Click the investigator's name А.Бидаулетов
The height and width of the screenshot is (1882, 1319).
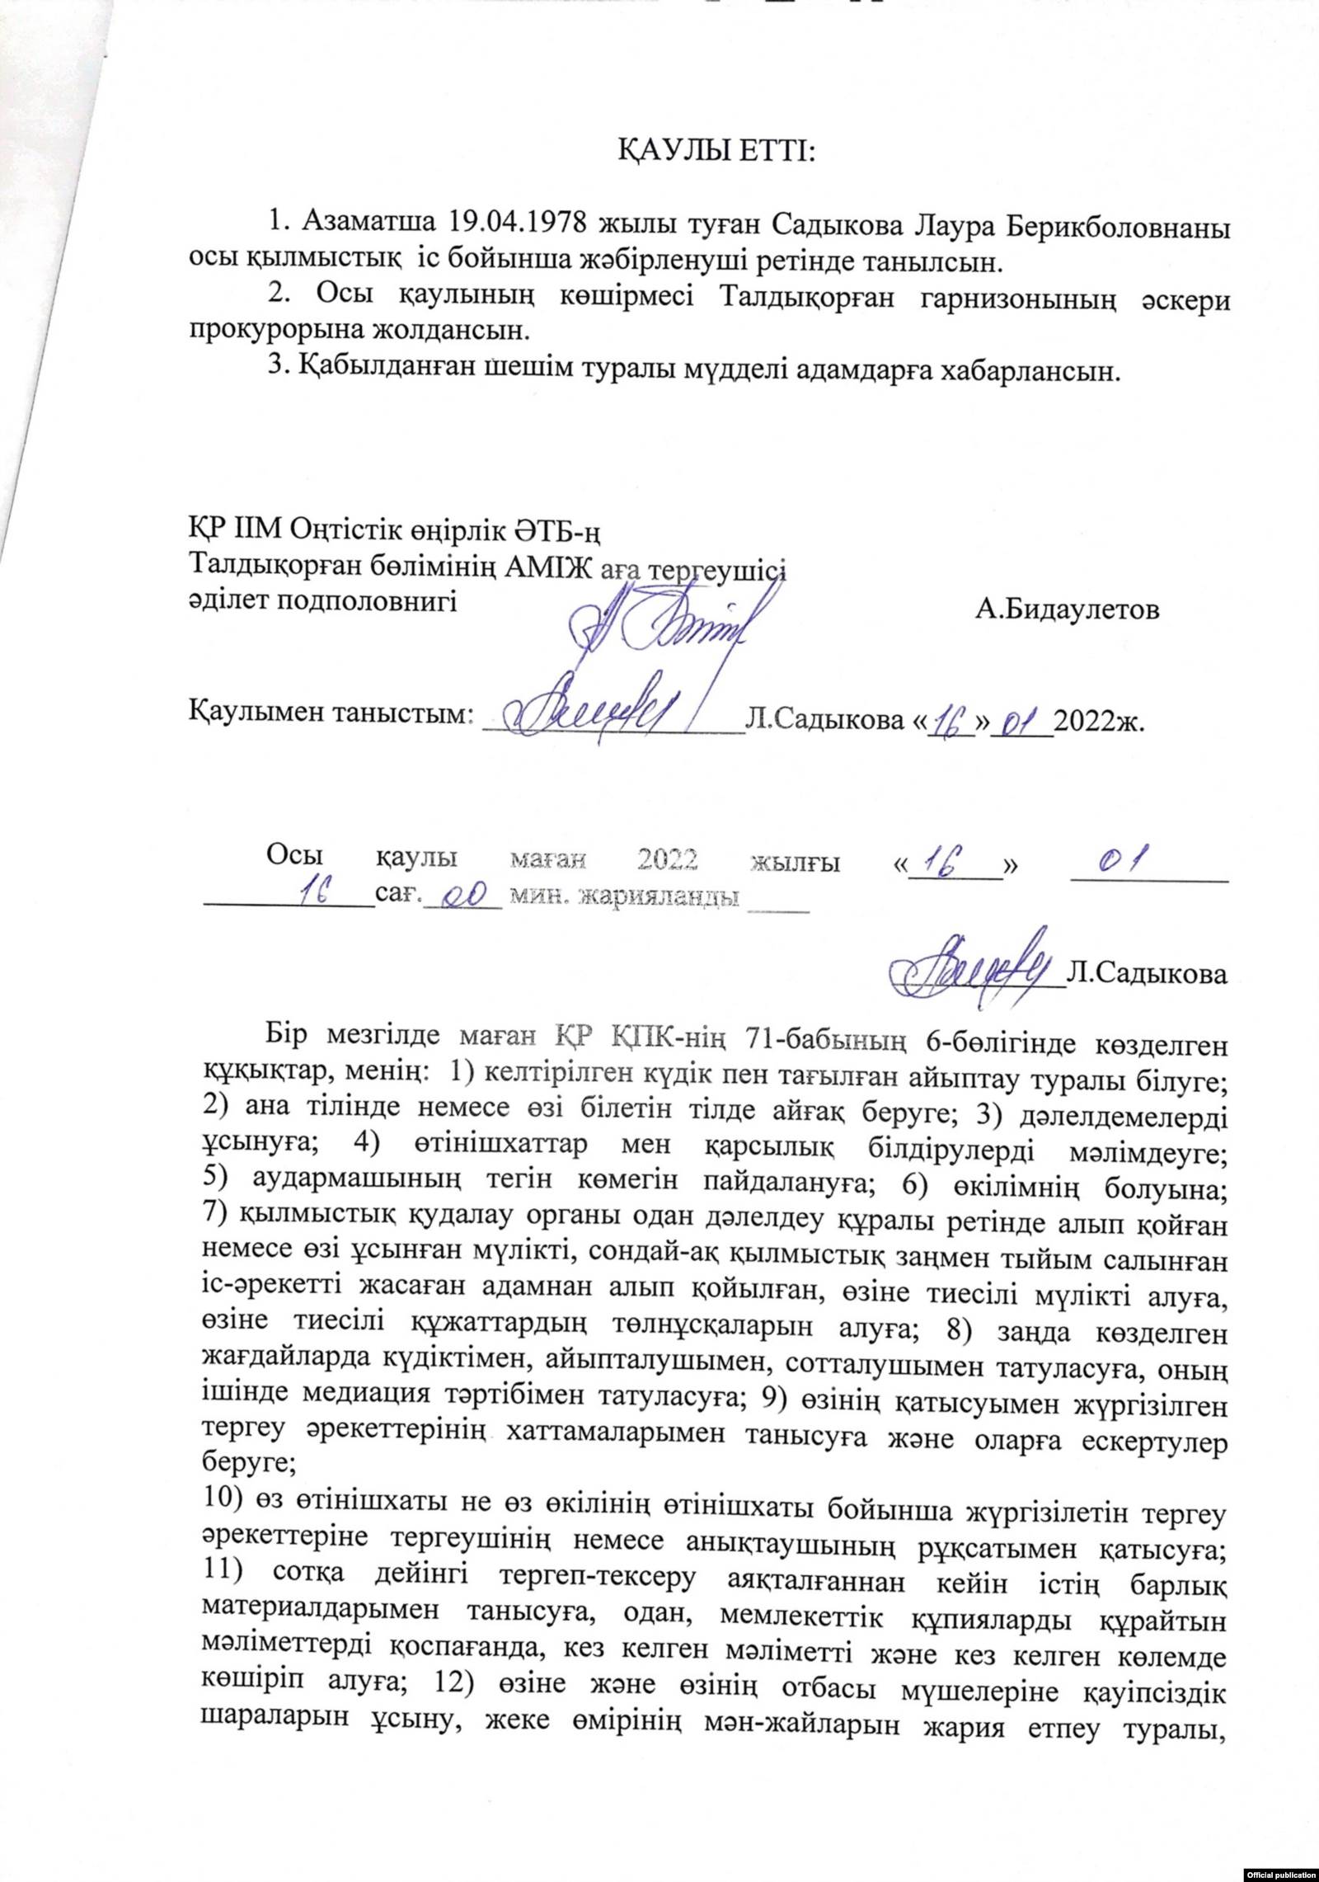(1065, 610)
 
